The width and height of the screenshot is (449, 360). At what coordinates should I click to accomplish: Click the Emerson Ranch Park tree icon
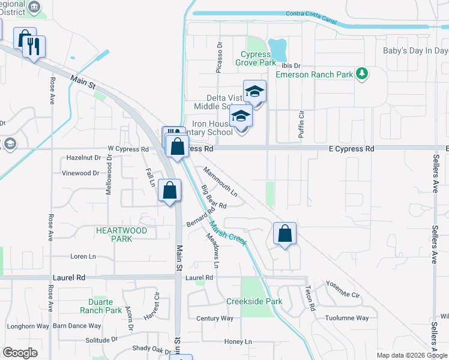(361, 74)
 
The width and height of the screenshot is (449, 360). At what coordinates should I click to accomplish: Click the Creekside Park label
(254, 301)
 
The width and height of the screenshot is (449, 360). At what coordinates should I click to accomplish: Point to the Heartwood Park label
(121, 234)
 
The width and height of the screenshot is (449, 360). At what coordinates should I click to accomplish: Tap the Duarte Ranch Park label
(101, 306)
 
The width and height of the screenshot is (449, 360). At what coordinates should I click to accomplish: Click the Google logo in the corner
(20, 352)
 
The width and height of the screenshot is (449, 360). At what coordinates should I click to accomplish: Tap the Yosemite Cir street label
(342, 289)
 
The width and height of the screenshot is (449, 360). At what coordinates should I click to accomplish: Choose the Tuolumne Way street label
(346, 318)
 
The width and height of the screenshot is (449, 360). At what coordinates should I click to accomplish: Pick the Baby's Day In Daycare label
(415, 50)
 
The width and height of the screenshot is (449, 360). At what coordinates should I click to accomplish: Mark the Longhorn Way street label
(28, 326)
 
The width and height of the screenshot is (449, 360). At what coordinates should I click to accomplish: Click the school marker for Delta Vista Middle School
(255, 92)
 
